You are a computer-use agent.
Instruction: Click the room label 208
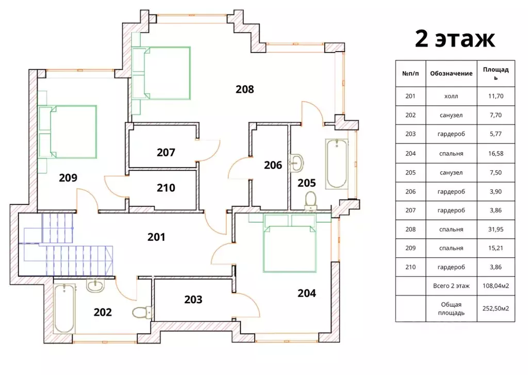point(244,89)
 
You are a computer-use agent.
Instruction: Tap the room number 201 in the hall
point(156,237)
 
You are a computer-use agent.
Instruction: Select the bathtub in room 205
point(337,164)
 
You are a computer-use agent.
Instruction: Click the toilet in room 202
point(141,313)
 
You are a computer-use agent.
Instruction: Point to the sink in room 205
point(296,162)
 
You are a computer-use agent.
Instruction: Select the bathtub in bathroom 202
point(64,308)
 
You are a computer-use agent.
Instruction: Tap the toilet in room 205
point(310,201)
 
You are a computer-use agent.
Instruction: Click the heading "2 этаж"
point(455,39)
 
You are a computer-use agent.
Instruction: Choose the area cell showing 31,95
point(496,230)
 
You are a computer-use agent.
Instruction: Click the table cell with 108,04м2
point(496,286)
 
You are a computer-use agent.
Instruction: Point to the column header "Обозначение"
point(451,73)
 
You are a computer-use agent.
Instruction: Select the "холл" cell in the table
point(451,96)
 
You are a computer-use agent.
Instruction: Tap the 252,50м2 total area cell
point(496,308)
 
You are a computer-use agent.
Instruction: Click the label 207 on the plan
point(166,153)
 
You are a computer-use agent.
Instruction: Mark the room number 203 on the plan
point(193,300)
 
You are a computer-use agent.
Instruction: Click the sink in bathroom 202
point(95,286)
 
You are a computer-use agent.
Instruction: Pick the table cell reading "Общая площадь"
point(451,308)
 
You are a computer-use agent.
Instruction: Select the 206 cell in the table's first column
point(410,192)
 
